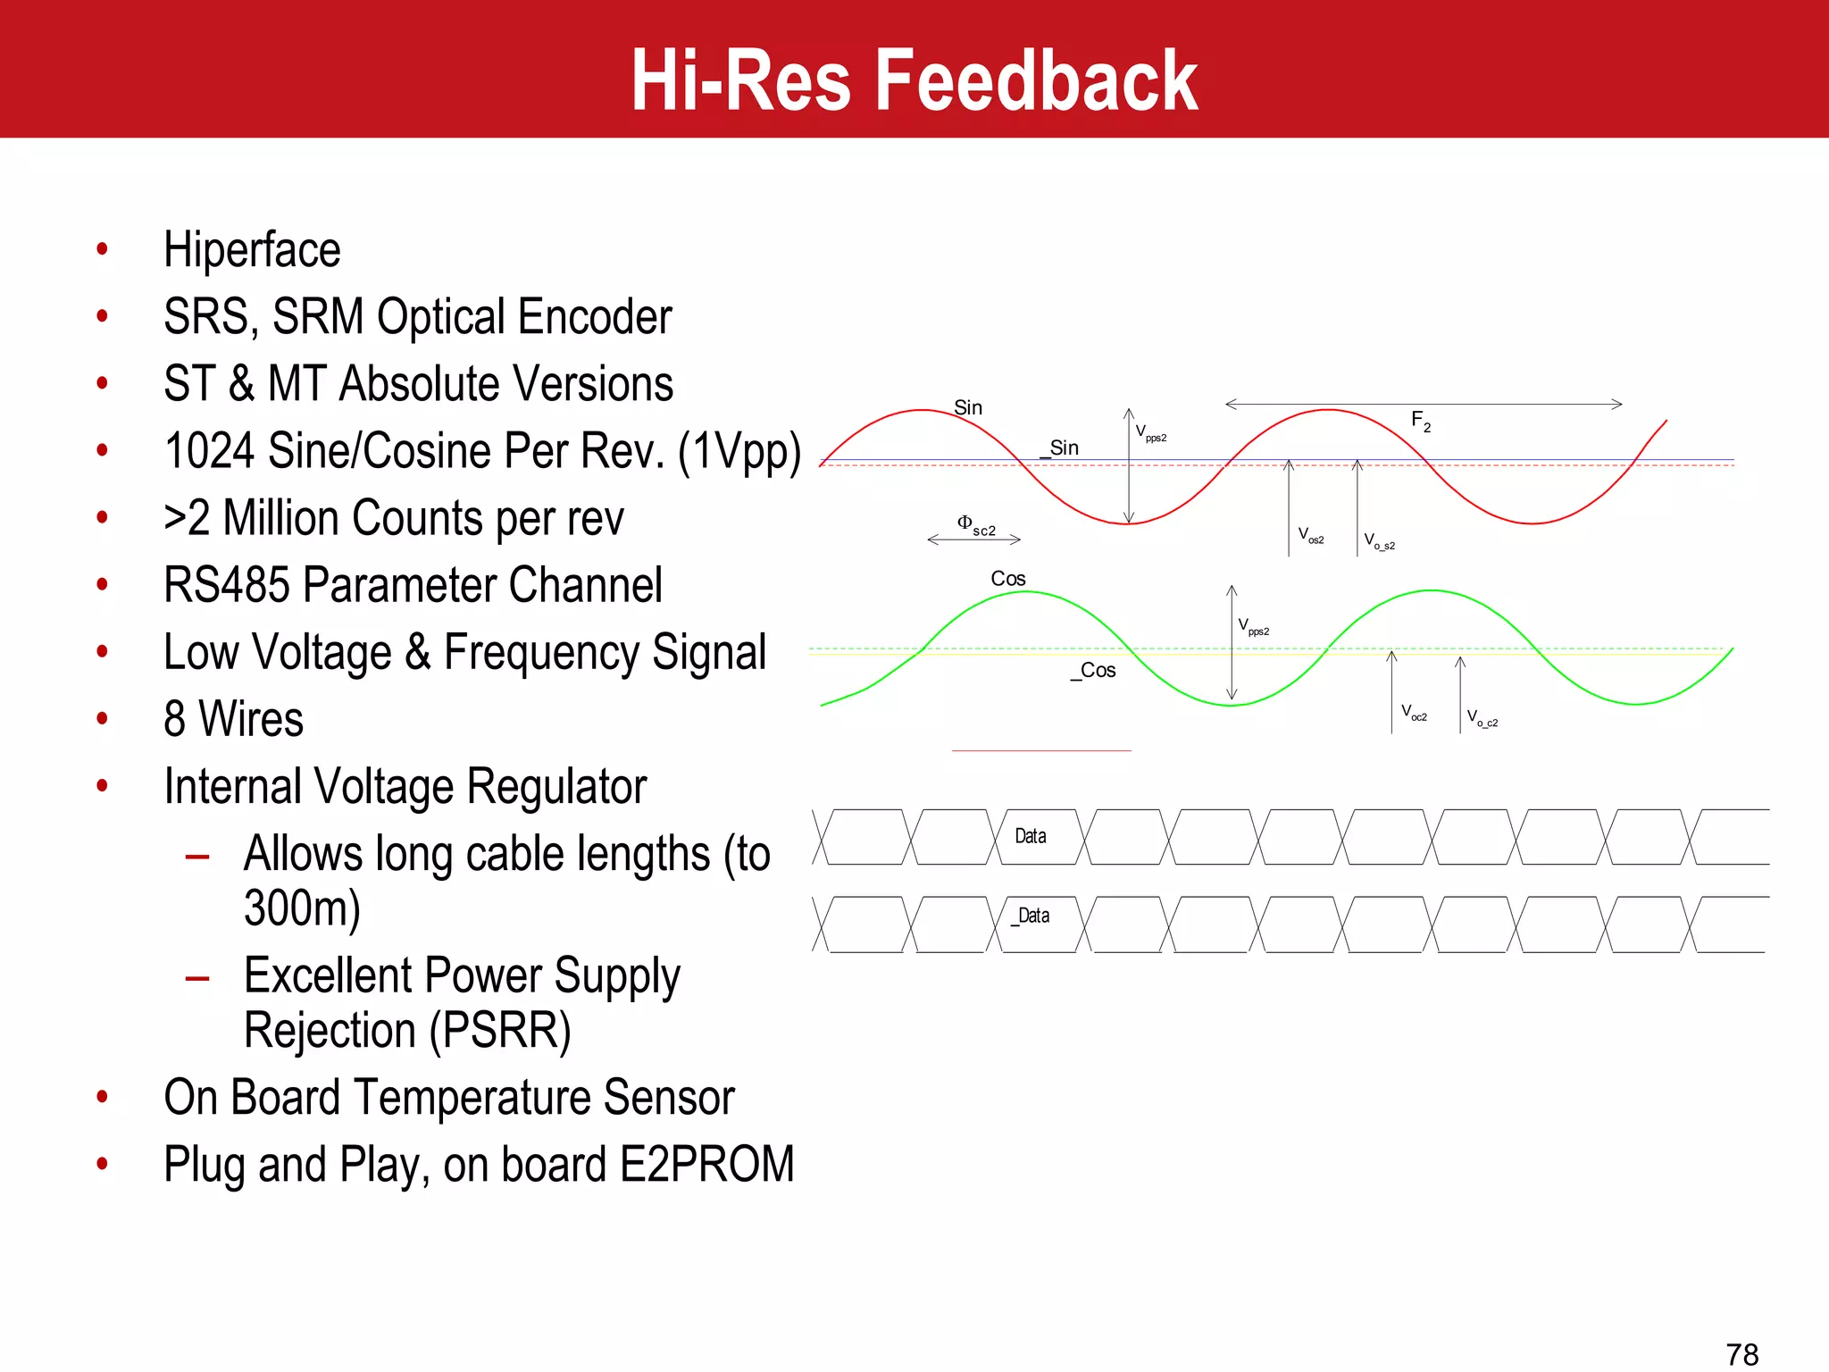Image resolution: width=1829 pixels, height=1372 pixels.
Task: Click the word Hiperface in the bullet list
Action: coord(252,250)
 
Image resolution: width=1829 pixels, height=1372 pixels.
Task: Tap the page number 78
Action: coord(1741,1354)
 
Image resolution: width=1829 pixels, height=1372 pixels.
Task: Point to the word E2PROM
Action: coord(706,1165)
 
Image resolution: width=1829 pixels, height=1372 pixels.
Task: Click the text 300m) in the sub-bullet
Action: coord(302,908)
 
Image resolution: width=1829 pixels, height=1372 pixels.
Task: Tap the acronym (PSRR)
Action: coord(499,1031)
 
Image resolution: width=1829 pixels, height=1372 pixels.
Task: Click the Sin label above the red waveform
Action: coord(968,408)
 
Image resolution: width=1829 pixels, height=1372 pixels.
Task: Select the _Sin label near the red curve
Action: coord(1060,448)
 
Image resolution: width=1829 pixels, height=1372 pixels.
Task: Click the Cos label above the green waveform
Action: coord(1008,579)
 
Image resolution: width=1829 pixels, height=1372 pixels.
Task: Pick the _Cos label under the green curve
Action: coord(1094,670)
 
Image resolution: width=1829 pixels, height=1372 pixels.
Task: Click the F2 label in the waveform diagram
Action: coord(1421,421)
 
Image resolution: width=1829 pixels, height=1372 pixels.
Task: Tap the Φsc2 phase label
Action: coord(976,525)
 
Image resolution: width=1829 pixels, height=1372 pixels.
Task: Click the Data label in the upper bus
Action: coord(1031,836)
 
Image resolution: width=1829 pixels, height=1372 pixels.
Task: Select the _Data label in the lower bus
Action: coord(1031,916)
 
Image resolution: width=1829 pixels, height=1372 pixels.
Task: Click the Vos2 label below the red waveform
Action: coord(1311,536)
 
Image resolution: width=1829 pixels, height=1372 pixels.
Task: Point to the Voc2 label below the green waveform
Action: coord(1414,713)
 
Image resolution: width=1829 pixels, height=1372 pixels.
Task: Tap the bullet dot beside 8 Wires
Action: coord(103,719)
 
